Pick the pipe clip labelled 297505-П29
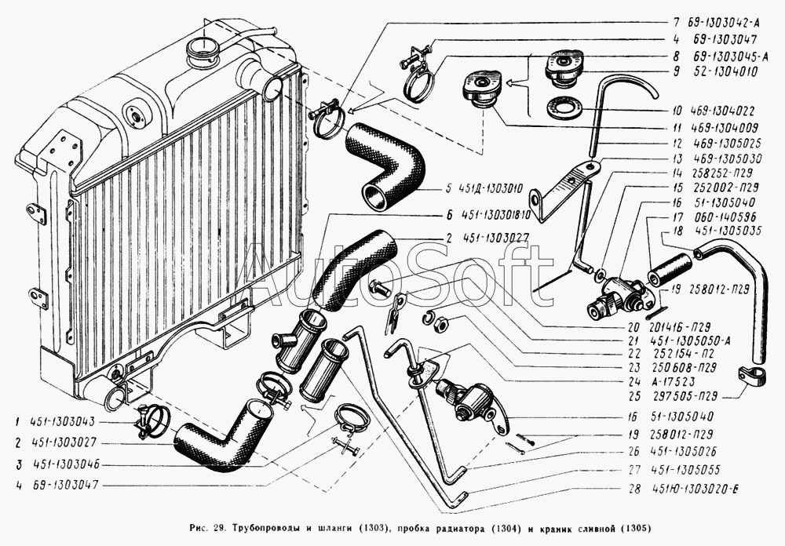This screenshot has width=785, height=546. click(x=751, y=376)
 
